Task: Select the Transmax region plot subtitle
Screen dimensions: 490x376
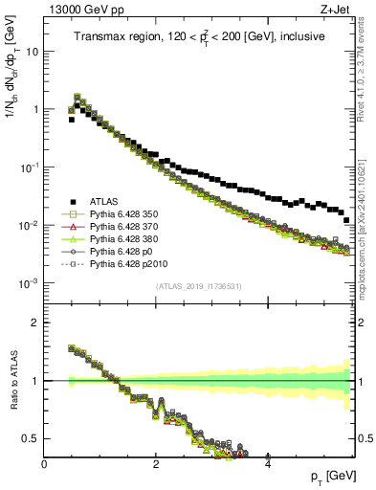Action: (199, 37)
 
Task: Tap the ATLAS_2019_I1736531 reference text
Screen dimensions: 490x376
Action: (199, 287)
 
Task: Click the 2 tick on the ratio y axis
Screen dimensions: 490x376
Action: (35, 323)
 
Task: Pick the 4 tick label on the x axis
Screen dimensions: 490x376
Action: (268, 463)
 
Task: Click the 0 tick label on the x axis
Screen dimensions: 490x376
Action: (45, 463)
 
